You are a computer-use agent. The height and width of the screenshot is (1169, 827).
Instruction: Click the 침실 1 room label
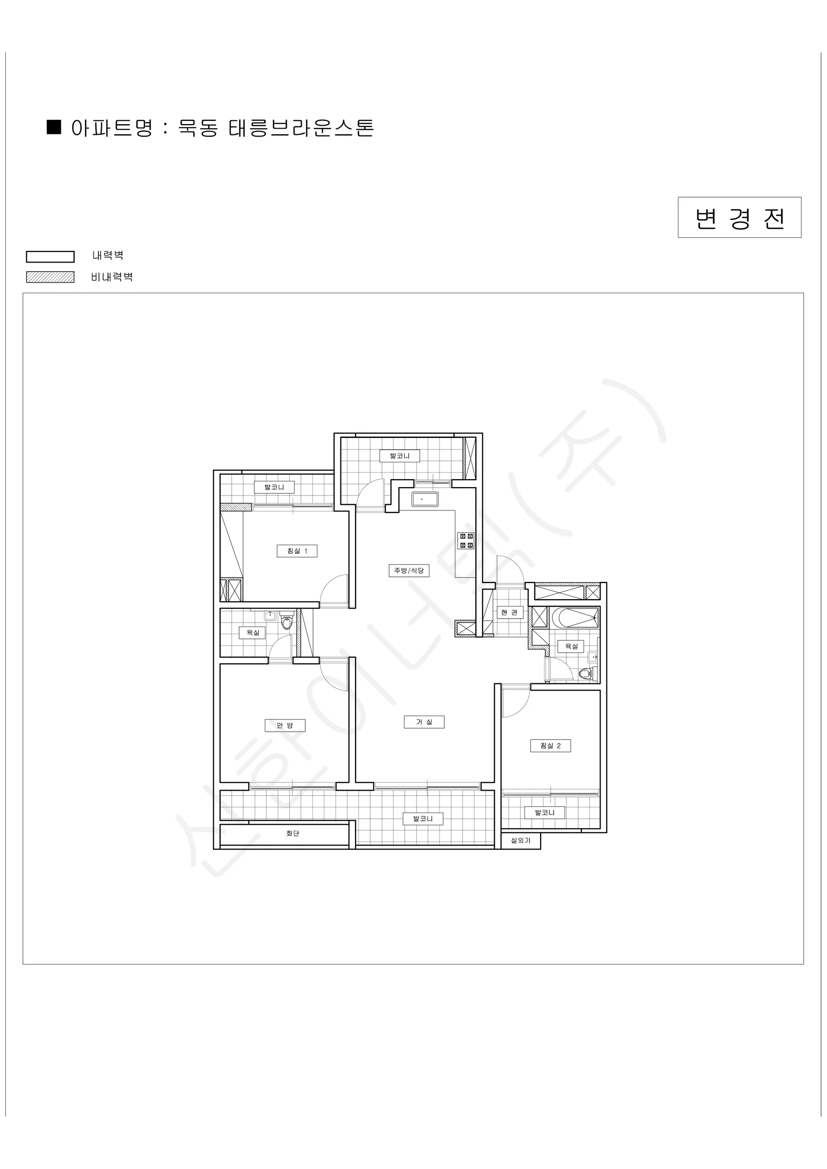297,551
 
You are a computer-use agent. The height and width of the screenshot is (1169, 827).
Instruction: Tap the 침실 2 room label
550,746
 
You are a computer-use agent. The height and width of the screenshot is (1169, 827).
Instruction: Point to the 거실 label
424,722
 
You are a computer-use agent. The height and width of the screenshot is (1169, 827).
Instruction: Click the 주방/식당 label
409,571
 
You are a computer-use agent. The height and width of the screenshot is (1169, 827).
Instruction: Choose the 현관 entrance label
510,612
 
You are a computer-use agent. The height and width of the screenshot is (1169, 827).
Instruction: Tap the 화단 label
292,833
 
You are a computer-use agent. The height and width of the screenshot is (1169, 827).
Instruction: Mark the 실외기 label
521,841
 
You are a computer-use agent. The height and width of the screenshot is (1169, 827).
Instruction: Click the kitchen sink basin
425,499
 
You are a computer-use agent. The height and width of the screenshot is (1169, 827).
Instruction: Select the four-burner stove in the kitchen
467,541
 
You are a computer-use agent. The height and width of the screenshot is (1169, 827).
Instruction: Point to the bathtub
575,618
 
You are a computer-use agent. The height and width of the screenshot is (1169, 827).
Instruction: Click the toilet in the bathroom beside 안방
287,621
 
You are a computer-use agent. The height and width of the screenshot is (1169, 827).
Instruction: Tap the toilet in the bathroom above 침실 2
586,674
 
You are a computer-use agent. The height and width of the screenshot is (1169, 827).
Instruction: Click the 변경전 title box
739,217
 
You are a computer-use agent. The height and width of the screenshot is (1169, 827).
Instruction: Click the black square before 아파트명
54,127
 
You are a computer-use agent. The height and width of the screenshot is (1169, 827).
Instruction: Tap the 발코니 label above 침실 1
274,487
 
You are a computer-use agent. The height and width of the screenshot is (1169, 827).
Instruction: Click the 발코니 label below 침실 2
545,812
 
